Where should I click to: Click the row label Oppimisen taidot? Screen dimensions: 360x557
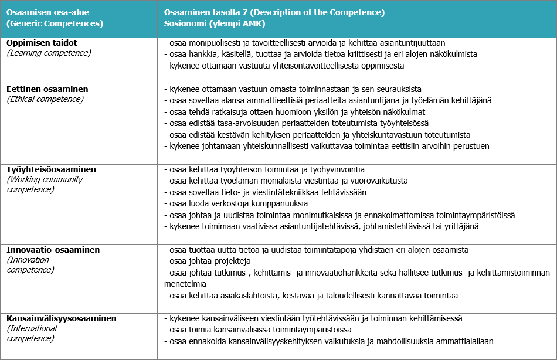42,43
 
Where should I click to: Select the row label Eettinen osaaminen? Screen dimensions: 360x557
47,89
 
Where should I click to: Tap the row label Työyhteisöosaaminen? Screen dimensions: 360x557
52,169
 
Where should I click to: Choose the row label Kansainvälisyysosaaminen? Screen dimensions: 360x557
62,318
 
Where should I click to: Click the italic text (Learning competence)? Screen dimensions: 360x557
49,53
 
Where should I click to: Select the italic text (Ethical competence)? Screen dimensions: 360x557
45,99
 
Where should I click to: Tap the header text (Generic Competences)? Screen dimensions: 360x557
55,23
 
